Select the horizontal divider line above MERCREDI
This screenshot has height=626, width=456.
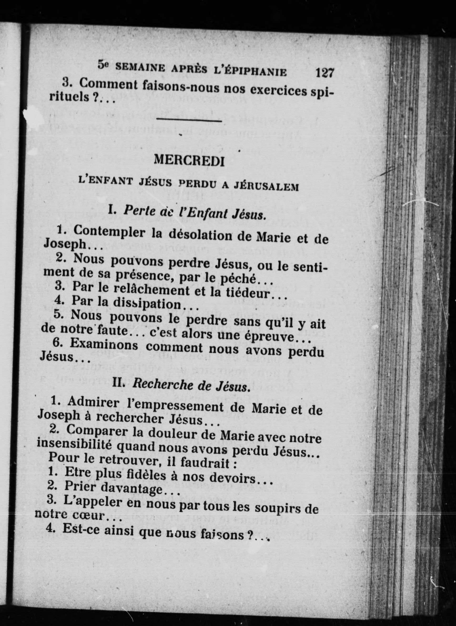click(x=189, y=121)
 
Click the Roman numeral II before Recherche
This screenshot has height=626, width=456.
click(x=119, y=382)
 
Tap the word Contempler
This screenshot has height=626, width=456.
click(x=109, y=231)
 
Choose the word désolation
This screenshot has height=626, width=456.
click(x=197, y=235)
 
